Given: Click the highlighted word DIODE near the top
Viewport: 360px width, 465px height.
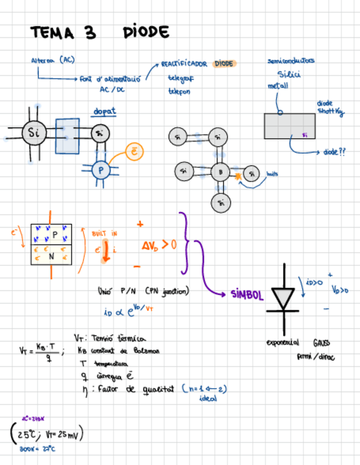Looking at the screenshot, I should click(x=224, y=64).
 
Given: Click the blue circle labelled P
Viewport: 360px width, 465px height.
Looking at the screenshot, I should click(x=101, y=171).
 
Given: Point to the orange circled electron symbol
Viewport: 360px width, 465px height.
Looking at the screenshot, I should click(x=134, y=152).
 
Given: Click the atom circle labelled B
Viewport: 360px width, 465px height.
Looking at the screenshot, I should click(x=220, y=172).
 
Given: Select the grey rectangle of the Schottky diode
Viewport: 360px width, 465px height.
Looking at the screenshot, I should click(x=290, y=126).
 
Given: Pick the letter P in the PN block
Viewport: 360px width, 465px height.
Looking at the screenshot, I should click(x=54, y=234).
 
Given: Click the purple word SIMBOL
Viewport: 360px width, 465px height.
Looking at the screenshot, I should click(x=247, y=294).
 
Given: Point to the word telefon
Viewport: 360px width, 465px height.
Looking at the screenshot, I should click(x=179, y=92).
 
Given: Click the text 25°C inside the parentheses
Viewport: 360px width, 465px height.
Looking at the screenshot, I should click(x=27, y=435).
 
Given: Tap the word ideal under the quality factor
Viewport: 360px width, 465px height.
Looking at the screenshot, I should click(x=208, y=399).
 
